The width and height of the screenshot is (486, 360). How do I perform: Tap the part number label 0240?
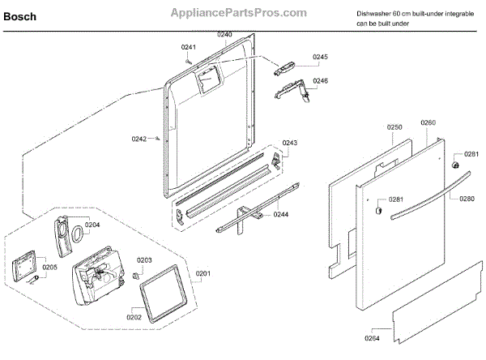(224, 34)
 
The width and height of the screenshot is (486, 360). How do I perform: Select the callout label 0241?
(189, 46)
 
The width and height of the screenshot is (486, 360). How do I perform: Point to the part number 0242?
(139, 139)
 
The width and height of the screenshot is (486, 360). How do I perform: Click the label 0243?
(290, 143)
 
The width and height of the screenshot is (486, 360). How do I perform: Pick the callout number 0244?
(280, 214)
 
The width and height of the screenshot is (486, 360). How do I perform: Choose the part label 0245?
(321, 57)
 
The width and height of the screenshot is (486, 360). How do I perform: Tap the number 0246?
(321, 81)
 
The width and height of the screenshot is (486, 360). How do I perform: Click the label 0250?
(394, 127)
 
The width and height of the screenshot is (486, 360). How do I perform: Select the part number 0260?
(428, 122)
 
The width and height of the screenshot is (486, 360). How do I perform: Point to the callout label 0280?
(467, 198)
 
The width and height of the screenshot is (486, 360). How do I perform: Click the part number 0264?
(372, 338)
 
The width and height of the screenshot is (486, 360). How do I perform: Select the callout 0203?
(144, 260)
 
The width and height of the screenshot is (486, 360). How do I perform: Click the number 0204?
(92, 225)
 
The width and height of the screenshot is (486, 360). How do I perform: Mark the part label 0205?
(50, 267)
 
